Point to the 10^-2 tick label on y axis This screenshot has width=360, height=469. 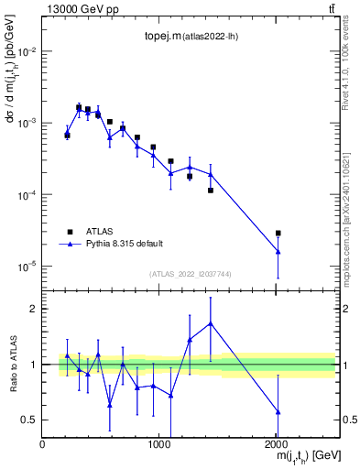(x=27, y=51)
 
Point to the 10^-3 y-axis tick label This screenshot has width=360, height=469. (x=27, y=123)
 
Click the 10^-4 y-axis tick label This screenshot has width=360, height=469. (x=27, y=195)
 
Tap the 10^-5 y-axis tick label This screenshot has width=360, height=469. (x=27, y=267)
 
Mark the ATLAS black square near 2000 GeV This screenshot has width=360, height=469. (x=278, y=234)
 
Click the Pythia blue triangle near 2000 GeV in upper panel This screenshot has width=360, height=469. (x=278, y=251)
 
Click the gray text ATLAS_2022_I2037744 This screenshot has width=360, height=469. (x=189, y=274)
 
